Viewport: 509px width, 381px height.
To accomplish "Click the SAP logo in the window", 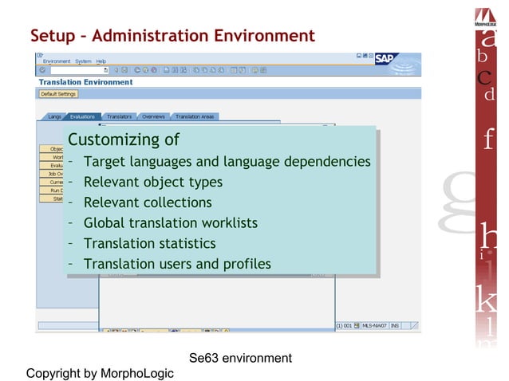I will (x=385, y=58).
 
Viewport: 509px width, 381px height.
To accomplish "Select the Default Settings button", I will (x=59, y=94).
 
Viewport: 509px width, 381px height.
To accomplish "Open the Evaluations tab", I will (x=82, y=117).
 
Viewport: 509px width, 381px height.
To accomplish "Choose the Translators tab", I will (x=119, y=117).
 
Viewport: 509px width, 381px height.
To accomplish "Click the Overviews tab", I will (x=153, y=117).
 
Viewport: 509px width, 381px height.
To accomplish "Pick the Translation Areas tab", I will (x=194, y=117).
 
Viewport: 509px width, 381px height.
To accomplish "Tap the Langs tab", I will (x=54, y=117).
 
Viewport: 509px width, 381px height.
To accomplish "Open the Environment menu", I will (x=57, y=61).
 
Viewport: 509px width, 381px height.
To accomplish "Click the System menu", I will (x=83, y=61).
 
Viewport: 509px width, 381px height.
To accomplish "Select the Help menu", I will (x=101, y=61).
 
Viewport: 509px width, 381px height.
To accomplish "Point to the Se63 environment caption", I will (x=241, y=358).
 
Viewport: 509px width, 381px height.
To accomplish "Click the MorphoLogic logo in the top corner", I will (x=485, y=16).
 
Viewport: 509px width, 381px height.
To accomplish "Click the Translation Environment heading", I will (x=85, y=82).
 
